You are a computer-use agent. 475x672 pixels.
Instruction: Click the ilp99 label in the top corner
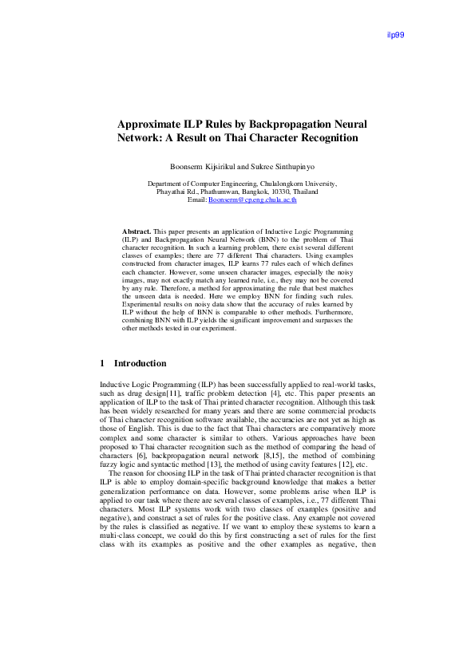pos(395,35)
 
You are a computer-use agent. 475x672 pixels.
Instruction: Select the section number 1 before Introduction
pos(103,363)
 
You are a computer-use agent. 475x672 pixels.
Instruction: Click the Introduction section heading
pos(141,363)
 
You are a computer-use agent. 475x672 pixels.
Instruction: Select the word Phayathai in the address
pos(172,192)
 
